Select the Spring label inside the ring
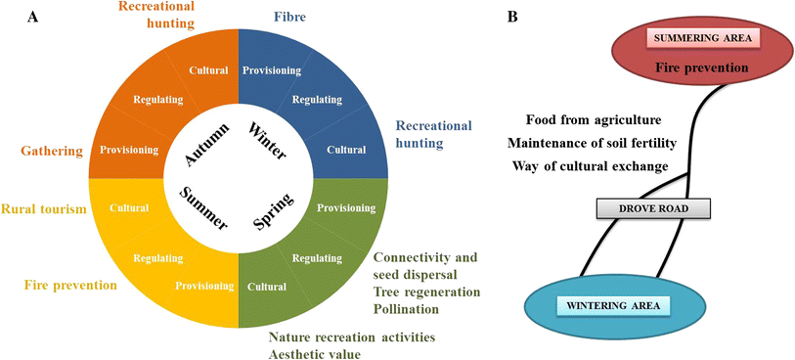[x=274, y=210]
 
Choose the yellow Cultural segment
[x=129, y=207]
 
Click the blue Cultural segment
[x=346, y=150]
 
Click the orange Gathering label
[x=42, y=152]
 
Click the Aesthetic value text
[x=315, y=353]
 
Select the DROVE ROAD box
[x=652, y=207]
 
